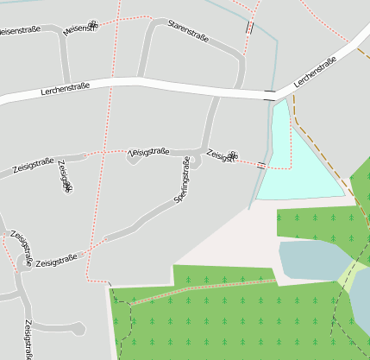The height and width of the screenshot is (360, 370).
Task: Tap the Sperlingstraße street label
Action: pyautogui.click(x=183, y=180)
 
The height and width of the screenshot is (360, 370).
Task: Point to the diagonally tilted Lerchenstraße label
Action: pyautogui.click(x=315, y=73)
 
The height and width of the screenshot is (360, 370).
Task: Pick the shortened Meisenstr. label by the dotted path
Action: pyautogui.click(x=80, y=28)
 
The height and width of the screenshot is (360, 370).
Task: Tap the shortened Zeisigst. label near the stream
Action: pyautogui.click(x=223, y=156)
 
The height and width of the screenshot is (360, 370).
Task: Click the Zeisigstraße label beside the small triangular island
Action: pyautogui.click(x=148, y=152)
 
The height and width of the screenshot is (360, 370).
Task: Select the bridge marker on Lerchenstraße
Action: pyautogui.click(x=270, y=92)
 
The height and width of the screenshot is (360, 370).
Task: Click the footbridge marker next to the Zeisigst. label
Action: pyautogui.click(x=261, y=164)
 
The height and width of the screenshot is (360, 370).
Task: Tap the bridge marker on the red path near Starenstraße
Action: pyautogui.click(x=249, y=28)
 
